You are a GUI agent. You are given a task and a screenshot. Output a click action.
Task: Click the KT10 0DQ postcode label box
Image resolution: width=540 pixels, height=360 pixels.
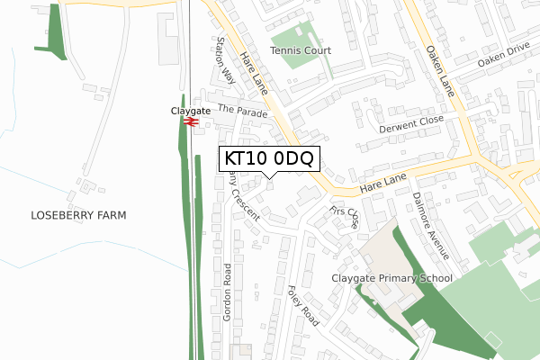268,159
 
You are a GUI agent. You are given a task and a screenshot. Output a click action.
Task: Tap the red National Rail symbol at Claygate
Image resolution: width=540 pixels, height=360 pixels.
190,123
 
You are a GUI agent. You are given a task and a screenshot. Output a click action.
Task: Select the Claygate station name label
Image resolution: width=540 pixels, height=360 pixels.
190,111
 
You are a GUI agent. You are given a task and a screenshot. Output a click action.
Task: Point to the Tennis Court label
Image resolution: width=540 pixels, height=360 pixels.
301,51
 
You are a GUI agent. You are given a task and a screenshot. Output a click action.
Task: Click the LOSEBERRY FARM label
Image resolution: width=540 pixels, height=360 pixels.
78,215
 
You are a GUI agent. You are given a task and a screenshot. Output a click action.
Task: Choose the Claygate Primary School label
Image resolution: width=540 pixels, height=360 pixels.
391,279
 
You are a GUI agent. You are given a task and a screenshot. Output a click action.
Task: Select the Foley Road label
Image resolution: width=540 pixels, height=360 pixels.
302,305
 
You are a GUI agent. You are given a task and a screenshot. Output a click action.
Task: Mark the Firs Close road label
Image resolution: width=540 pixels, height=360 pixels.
346,217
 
